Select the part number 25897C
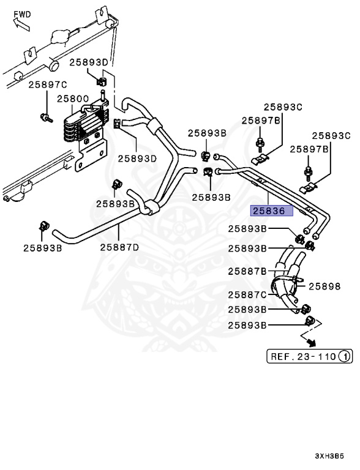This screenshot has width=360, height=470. tap(47, 84)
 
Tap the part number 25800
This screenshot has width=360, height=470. tap(73, 98)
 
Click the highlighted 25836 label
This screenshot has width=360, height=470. tap(272, 211)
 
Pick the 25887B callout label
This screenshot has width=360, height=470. tap(247, 271)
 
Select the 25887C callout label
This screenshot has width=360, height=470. tap(247, 295)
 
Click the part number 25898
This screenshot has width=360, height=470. tap(324, 286)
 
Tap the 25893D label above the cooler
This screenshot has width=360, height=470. tap(88, 62)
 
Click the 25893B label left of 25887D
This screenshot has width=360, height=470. tap(43, 248)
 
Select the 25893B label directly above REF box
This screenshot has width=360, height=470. tap(247, 325)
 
